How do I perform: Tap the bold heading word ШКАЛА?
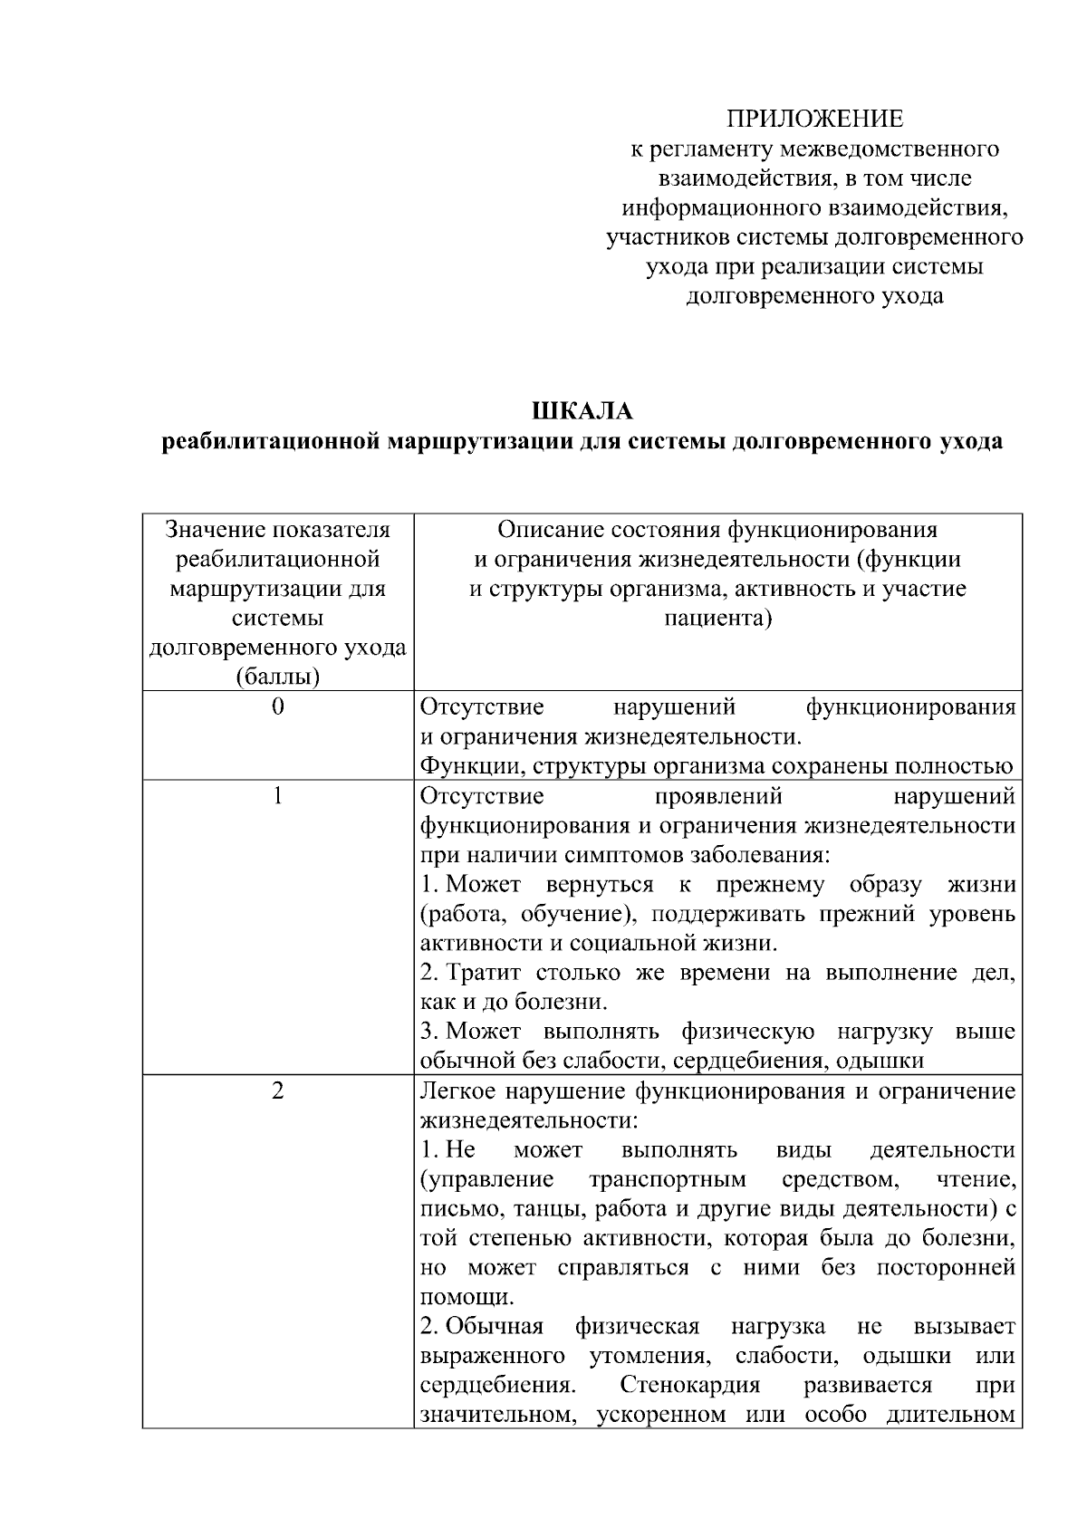(582, 411)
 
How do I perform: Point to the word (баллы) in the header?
(277, 677)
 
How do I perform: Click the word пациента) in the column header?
(717, 619)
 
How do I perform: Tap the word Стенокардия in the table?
(689, 1386)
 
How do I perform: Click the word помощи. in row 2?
(454, 1297)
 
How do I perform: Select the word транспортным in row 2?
(667, 1179)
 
